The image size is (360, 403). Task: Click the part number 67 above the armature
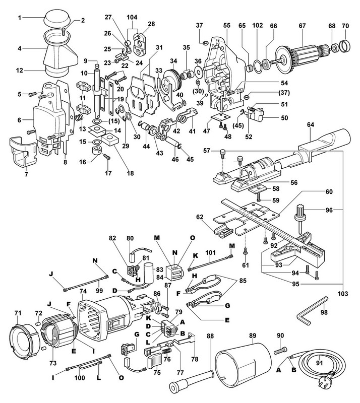point(302,26)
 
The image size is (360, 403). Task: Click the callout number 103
point(343,294)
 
